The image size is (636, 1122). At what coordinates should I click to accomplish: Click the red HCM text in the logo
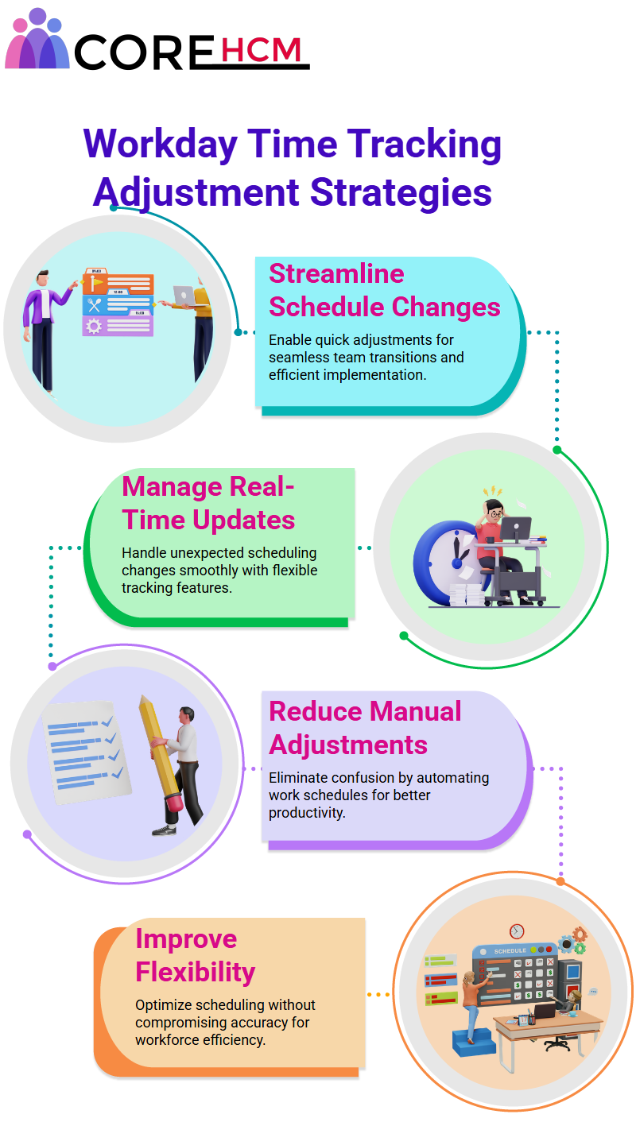pos(261,50)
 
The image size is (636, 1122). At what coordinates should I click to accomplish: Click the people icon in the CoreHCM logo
pos(37,39)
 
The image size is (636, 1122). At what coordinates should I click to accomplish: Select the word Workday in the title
pos(161,145)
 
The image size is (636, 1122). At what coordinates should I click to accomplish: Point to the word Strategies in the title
pos(401,193)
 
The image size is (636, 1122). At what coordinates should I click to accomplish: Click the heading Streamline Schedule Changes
pos(385,290)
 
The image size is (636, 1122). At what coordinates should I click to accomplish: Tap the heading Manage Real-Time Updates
pos(208,503)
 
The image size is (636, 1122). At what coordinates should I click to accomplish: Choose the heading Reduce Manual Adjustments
pos(365,728)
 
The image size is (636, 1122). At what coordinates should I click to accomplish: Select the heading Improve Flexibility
pos(196,955)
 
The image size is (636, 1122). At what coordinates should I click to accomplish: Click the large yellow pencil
pos(161,753)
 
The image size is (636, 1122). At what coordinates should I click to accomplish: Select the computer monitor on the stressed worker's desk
pos(516,529)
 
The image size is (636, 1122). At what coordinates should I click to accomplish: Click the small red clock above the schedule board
pos(517,931)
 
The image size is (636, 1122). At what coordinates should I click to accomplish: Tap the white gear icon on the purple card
pos(94,327)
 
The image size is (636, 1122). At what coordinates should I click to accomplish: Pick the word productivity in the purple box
pos(307,812)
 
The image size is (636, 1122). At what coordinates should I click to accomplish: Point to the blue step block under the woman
pos(474,1042)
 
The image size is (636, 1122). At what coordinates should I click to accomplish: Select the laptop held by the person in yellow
pos(184,296)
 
